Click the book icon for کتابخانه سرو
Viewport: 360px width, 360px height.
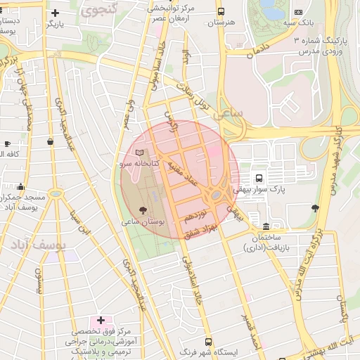coord(139,153)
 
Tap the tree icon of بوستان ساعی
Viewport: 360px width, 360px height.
coord(143,209)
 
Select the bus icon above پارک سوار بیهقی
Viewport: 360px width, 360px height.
coord(259,178)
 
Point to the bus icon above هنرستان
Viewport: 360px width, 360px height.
coord(221,12)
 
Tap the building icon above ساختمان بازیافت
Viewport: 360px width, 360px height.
coord(265,226)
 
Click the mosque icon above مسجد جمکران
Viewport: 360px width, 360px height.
coord(20,188)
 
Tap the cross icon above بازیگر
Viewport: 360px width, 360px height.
coord(56,13)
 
